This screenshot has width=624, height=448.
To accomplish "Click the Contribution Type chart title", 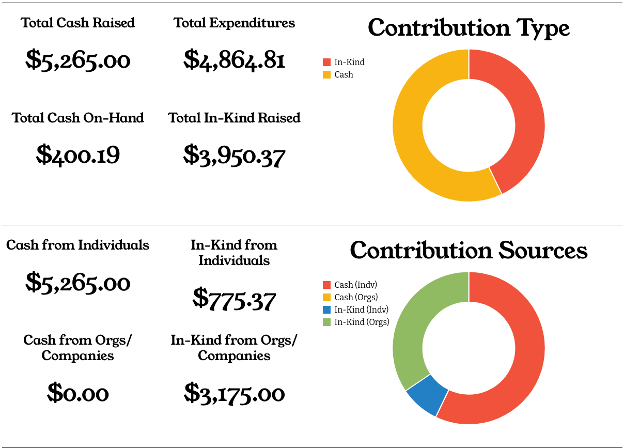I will pos(469,28).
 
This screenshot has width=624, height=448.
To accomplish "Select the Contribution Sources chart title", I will pos(469,251).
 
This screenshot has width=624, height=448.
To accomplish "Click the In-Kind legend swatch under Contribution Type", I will pos(326,62).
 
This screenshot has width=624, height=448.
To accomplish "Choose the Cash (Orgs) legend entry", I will pos(351,297).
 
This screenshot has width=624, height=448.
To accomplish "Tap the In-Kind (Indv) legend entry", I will pos(356,310).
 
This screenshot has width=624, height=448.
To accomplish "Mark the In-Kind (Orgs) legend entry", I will pos(356,322).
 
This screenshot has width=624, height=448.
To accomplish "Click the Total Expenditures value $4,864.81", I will pos(234,60).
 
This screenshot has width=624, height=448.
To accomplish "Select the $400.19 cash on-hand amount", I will pos(78,155).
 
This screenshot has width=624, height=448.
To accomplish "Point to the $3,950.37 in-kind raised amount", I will pos(234,155).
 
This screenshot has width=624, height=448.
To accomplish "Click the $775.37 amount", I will pos(234,299).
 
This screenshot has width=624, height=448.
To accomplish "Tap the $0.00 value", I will pos(78,394).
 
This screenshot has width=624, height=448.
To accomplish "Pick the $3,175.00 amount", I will pos(234,394).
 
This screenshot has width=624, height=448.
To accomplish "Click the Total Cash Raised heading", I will pos(78,23).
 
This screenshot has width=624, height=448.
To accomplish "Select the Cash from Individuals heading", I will pos(78,245).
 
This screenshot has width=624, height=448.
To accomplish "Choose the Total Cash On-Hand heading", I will pos(78,118).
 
